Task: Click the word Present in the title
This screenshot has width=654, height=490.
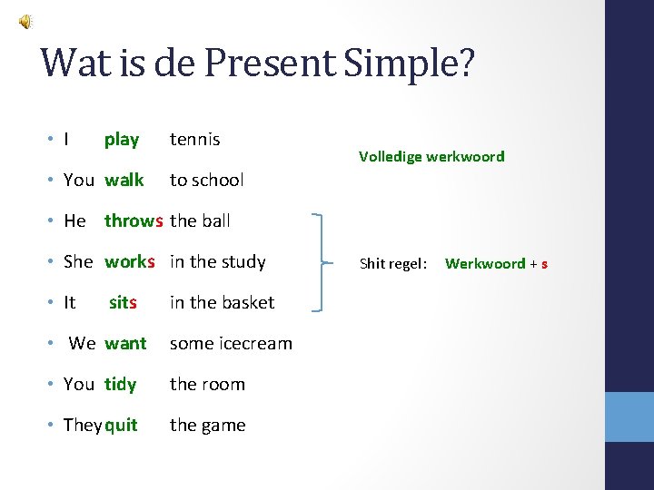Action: (x=281, y=64)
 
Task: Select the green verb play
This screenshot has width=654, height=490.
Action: (x=122, y=139)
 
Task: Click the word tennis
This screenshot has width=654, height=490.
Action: (x=194, y=139)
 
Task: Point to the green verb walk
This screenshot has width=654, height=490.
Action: (x=124, y=180)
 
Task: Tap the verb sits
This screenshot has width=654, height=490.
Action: (x=123, y=302)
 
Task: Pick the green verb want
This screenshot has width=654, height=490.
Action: (x=125, y=343)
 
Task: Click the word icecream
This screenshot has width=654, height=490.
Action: (x=256, y=343)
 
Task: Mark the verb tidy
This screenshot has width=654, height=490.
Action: (x=120, y=384)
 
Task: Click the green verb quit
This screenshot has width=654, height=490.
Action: (x=121, y=425)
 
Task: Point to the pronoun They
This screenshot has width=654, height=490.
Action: (x=83, y=425)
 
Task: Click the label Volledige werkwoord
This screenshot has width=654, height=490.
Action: (x=431, y=156)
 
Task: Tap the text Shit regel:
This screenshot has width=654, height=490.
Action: (x=392, y=264)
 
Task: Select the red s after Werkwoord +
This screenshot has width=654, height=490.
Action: (x=544, y=264)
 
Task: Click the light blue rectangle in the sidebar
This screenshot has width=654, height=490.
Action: (x=629, y=417)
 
